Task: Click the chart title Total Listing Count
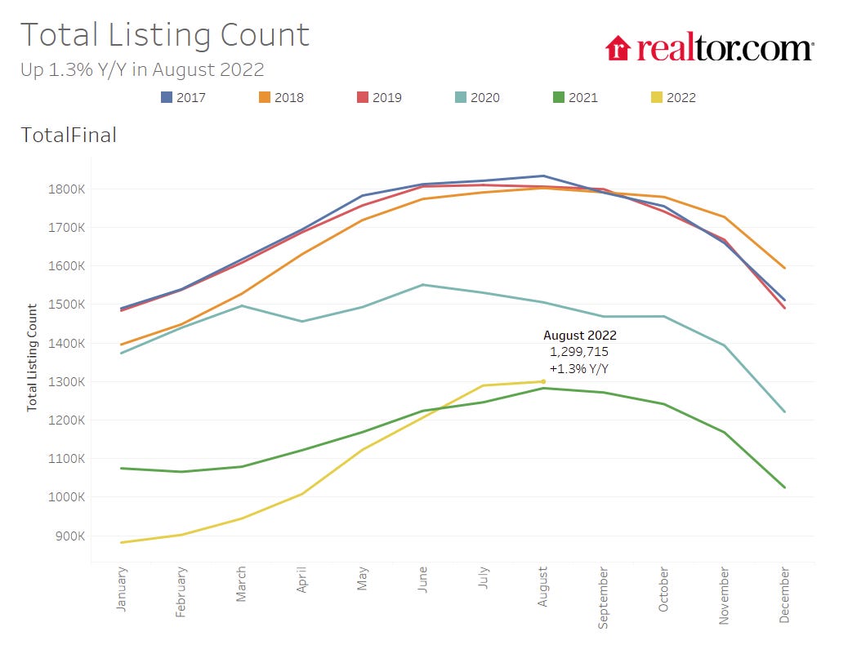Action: tap(164, 35)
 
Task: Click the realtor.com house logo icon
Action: tap(618, 47)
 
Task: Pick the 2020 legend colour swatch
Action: tap(460, 97)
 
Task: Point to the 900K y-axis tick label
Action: tap(65, 536)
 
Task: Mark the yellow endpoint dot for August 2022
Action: tap(543, 381)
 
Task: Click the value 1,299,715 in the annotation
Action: tap(579, 352)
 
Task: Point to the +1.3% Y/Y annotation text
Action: tap(579, 369)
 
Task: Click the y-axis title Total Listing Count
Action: tap(33, 357)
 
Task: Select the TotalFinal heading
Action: tap(69, 136)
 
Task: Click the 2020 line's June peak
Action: tap(423, 285)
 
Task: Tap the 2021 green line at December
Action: tap(784, 487)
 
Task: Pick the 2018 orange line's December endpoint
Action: tap(784, 268)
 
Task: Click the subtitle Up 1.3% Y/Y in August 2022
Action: tap(142, 69)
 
